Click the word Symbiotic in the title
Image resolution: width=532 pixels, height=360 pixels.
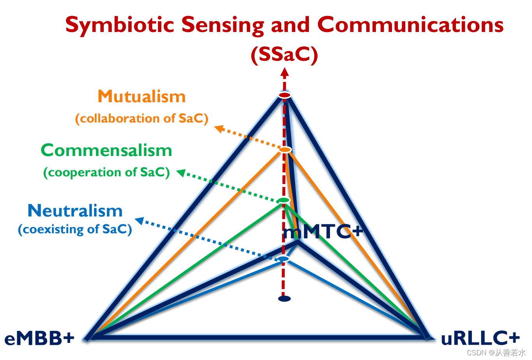point(119,25)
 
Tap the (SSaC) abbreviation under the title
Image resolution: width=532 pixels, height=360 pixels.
point(284,54)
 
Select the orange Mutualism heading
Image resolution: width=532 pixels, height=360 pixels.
point(142,96)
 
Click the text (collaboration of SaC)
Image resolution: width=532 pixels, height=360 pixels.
point(142,118)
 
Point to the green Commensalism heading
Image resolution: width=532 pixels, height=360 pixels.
point(106,150)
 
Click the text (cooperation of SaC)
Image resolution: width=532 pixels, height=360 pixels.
point(106,172)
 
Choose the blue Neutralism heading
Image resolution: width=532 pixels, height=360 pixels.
point(75,211)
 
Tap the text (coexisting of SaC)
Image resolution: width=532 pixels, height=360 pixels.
point(75,229)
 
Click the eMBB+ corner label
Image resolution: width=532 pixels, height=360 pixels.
point(39,338)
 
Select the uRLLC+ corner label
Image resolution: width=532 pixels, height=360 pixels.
point(480,338)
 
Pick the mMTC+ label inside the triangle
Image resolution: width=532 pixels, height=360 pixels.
point(323,232)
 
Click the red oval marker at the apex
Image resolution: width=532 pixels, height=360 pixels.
point(285,95)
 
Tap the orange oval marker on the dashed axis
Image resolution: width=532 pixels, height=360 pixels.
point(285,150)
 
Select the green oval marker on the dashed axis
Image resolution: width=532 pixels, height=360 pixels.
point(284,200)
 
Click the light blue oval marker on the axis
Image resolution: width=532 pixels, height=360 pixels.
point(284,259)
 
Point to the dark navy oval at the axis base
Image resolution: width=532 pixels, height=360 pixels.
point(284,299)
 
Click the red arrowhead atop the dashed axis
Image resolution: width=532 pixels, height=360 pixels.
point(285,72)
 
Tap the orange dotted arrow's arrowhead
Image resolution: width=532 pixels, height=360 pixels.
point(218,128)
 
